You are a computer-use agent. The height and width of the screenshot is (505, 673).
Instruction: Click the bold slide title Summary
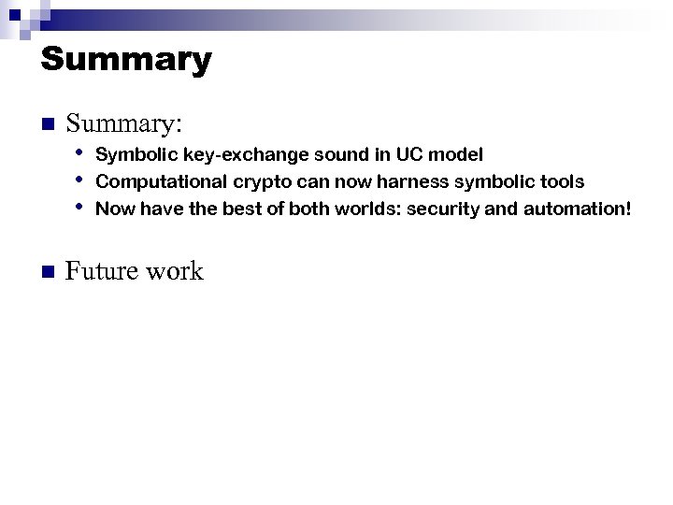pos(126,60)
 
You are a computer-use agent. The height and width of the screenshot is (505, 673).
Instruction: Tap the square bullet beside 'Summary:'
pos(49,124)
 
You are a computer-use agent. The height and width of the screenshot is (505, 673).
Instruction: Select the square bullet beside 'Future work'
pos(49,272)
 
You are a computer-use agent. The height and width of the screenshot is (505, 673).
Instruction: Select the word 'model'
pos(454,153)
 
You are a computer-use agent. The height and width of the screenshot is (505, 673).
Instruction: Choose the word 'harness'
pos(412,181)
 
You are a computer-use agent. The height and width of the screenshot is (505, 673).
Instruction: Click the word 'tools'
pos(563,181)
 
